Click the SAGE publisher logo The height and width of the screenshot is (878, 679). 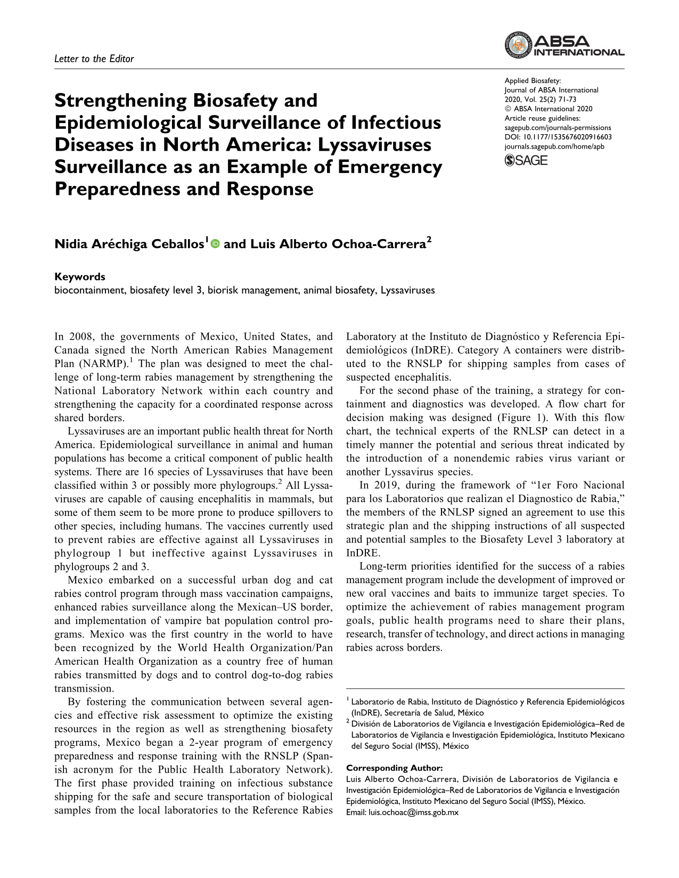pyautogui.click(x=526, y=160)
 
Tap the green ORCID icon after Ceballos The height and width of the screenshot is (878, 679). pyautogui.click(x=215, y=244)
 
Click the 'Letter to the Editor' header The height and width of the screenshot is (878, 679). pyautogui.click(x=94, y=59)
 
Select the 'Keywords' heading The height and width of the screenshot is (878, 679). pyautogui.click(x=80, y=277)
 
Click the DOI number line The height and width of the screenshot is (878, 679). pyautogui.click(x=558, y=137)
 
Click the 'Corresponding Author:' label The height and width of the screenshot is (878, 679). pyautogui.click(x=394, y=768)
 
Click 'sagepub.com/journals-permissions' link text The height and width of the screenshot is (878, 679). pyautogui.click(x=558, y=128)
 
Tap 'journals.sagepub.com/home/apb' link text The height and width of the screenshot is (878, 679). pyautogui.click(x=554, y=146)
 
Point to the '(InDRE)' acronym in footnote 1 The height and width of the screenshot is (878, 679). pyautogui.click(x=365, y=713)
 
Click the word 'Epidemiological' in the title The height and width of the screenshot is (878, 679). pyautogui.click(x=128, y=123)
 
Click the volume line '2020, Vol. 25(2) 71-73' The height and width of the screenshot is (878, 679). pyautogui.click(x=540, y=100)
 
